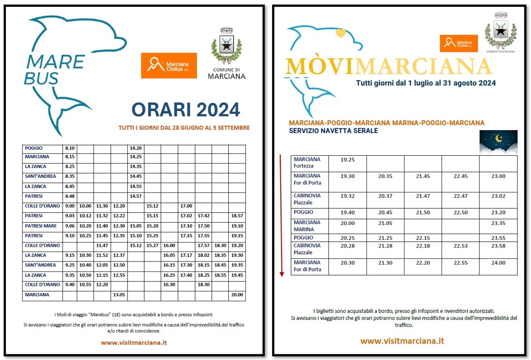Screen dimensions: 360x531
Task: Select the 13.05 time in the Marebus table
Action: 119,295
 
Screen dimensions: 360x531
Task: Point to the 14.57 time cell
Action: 135,196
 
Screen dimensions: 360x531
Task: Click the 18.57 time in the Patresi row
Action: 237,216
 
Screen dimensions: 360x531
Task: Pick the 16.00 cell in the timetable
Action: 169,245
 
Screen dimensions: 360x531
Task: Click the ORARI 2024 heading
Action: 185,110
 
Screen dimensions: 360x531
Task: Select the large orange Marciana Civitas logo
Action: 169,65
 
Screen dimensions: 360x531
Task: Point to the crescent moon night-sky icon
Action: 498,141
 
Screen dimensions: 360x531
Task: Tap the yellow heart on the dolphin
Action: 341,33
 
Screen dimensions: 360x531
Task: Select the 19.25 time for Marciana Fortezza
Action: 348,159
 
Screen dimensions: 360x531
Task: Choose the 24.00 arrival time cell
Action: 498,262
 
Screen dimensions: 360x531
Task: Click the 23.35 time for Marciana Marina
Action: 498,223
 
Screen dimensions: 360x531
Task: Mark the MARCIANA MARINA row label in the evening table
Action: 307,225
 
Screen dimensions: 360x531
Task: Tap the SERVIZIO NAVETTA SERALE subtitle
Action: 333,131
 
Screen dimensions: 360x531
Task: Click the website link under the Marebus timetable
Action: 134,342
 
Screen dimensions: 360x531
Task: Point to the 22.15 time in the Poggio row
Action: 423,238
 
